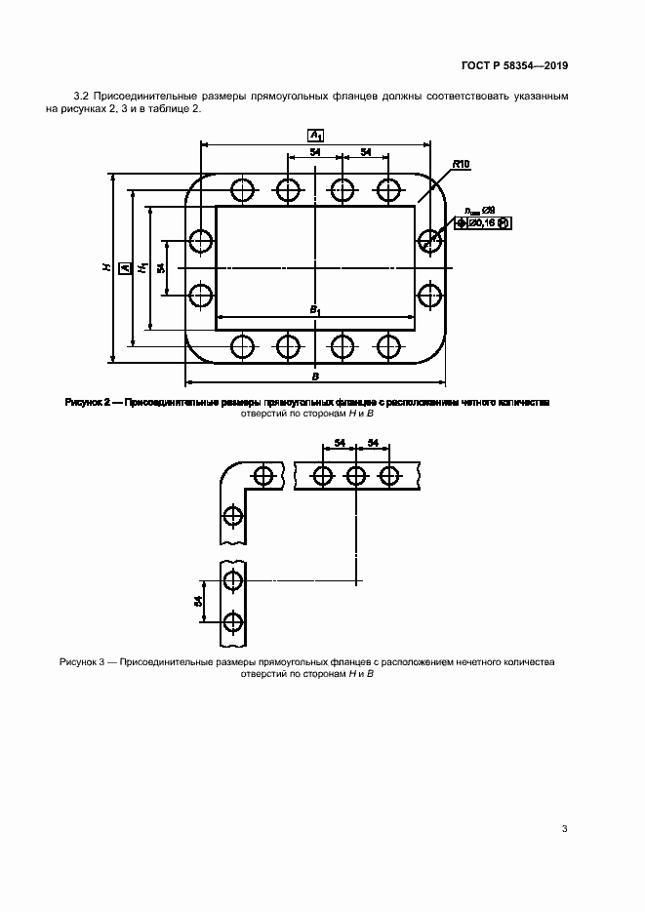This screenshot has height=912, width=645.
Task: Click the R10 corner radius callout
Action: click(462, 166)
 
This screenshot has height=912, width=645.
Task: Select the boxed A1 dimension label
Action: click(315, 134)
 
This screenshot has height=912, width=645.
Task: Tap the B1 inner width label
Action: click(315, 309)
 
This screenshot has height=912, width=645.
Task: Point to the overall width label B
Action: click(315, 375)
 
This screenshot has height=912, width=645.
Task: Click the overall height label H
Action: click(105, 266)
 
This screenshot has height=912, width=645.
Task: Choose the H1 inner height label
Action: click(142, 266)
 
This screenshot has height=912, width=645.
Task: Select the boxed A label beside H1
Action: click(124, 266)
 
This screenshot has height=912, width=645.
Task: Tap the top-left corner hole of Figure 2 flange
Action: click(241, 187)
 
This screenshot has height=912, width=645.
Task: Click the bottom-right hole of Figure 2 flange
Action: click(389, 344)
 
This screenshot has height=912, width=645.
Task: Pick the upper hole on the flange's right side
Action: click(429, 240)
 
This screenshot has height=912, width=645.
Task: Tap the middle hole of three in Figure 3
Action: click(356, 476)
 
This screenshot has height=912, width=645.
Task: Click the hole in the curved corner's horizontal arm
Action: click(262, 476)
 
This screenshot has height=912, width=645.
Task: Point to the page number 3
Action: click(565, 829)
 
